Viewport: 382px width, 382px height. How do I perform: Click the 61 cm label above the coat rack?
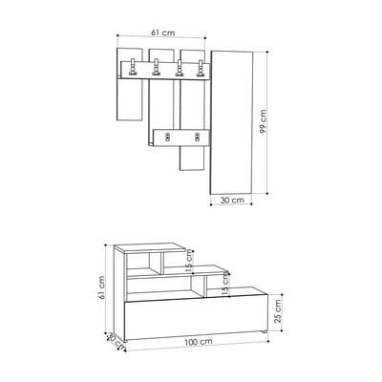[x=162, y=32]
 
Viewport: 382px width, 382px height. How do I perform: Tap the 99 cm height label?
[x=263, y=121]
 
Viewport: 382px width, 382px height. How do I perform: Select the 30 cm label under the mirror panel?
[x=232, y=200]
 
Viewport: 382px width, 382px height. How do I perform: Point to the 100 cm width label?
[x=199, y=342]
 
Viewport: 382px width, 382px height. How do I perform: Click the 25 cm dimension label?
[x=278, y=311]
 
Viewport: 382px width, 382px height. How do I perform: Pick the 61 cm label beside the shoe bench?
[x=101, y=287]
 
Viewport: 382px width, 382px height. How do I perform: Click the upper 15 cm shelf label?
[x=189, y=261]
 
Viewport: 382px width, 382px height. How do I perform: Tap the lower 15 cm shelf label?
[x=225, y=285]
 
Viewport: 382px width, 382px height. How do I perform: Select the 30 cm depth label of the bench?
[x=116, y=341]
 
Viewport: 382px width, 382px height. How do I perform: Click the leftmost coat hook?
[x=133, y=68]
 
